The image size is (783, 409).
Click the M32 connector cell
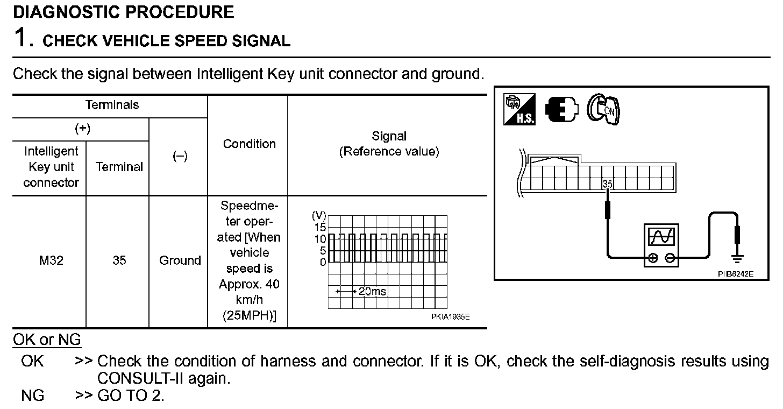[51, 260]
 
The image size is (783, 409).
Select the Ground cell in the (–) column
[180, 260]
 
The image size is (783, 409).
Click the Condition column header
[249, 144]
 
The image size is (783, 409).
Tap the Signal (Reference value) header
[389, 144]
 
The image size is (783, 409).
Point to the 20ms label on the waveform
[372, 292]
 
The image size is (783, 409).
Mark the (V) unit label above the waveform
[319, 216]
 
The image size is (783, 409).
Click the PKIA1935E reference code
[450, 317]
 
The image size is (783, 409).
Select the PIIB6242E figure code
[735, 273]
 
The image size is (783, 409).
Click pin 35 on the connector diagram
[608, 184]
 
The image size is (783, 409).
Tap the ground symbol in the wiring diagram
[738, 259]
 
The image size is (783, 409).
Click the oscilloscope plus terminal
[653, 258]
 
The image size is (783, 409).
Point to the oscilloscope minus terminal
[670, 258]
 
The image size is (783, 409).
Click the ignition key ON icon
[603, 111]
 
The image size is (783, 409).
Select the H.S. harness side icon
[519, 110]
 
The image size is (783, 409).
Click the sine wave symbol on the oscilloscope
[661, 237]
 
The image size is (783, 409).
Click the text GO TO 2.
[131, 396]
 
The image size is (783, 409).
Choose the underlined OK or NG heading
[47, 340]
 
